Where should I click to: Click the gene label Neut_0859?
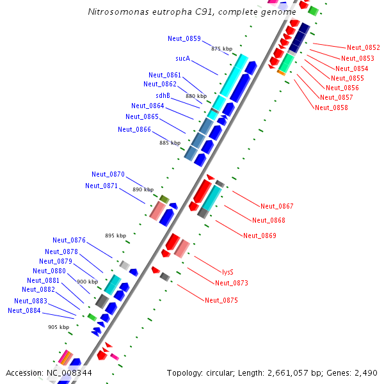[184, 38]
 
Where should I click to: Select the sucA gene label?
[183, 58]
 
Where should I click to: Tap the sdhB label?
[163, 95]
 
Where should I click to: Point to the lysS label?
[228, 272]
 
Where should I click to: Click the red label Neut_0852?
[364, 47]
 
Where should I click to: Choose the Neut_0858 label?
[332, 108]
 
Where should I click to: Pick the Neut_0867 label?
[277, 206]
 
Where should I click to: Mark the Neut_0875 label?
[221, 300]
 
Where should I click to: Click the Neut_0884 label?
[24, 310]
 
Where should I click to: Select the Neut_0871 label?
[102, 186]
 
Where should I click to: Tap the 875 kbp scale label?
[221, 49]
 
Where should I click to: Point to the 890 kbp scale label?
[143, 189]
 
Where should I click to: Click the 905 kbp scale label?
[58, 327]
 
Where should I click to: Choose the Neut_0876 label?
[69, 240]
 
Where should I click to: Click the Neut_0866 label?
[134, 129]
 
